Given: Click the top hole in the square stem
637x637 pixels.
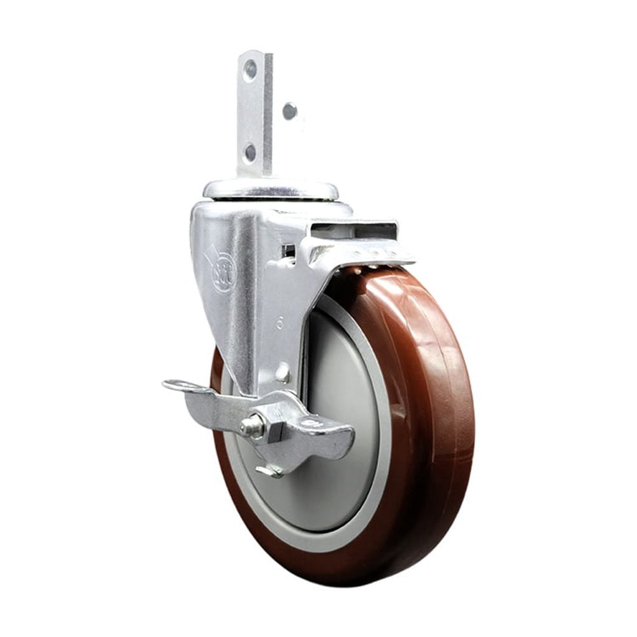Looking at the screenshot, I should pyautogui.click(x=250, y=69).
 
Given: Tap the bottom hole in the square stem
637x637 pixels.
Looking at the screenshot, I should pyautogui.click(x=250, y=152).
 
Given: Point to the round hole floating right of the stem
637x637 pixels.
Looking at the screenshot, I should pyautogui.click(x=290, y=111).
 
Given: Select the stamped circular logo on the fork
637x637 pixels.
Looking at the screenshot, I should pyautogui.click(x=223, y=271).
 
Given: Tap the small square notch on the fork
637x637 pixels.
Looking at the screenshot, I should pyautogui.click(x=289, y=250).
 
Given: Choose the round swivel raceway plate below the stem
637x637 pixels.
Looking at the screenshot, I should pyautogui.click(x=271, y=189).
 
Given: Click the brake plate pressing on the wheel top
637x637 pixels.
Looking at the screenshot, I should pyautogui.click(x=363, y=255).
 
